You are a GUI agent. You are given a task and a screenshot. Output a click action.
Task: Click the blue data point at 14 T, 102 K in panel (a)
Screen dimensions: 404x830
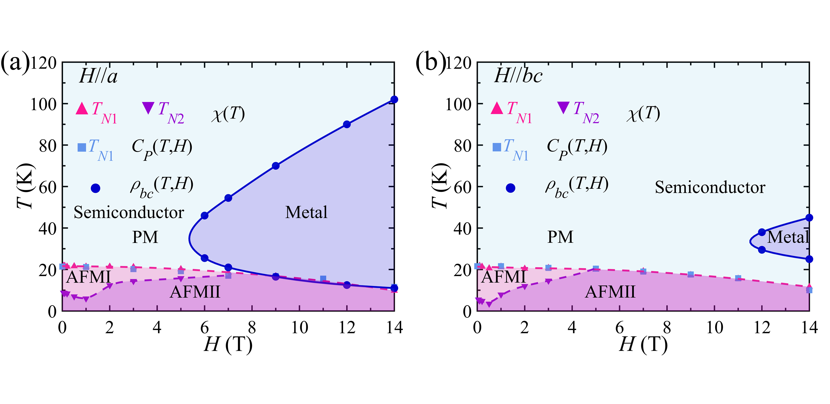pos(394,100)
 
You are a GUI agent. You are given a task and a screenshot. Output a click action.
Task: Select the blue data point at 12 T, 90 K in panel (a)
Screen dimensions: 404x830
pos(347,124)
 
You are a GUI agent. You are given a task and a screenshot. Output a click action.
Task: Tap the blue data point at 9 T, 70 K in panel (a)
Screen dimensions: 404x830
pos(276,166)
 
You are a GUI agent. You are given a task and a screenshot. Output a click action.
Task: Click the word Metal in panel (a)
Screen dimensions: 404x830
pos(306,213)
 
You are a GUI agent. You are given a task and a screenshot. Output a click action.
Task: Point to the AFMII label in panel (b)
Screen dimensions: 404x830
pos(610,292)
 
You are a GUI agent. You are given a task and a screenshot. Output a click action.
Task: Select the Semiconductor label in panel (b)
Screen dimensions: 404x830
pos(710,188)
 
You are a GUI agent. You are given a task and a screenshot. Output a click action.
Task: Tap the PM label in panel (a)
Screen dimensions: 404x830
pos(145,237)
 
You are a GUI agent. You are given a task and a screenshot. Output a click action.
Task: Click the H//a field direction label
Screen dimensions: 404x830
pos(98,77)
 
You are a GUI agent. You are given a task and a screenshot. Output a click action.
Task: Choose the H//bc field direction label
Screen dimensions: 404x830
pos(518,76)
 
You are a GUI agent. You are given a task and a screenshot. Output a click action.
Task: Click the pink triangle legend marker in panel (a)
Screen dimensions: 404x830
pos(82,108)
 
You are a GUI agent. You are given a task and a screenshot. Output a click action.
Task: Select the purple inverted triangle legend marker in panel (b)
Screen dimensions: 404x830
pos(563,108)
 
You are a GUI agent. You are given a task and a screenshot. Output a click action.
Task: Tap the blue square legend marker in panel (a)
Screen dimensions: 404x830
pos(82,147)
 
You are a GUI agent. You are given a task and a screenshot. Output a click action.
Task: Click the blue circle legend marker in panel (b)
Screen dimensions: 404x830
pos(510,188)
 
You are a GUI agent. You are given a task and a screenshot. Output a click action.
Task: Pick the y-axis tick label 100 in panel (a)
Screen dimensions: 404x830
pos(43,105)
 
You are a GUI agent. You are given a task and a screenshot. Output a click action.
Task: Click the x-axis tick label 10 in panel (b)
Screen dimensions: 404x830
pos(714,328)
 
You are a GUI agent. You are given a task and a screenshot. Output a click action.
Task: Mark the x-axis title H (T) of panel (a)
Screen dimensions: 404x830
pos(228,345)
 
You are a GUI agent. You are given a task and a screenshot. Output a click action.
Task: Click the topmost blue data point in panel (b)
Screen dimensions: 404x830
pos(809,218)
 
